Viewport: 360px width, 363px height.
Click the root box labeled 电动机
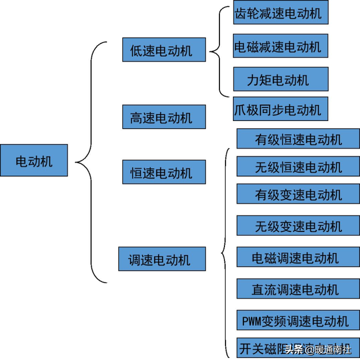tap(34, 160)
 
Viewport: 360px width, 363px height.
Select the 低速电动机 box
tap(164, 50)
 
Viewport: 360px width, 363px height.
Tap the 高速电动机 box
tap(164, 117)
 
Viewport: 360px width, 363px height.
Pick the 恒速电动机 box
tap(164, 172)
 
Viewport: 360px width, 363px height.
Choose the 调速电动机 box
tap(162, 259)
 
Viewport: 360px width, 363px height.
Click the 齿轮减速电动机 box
tap(280, 13)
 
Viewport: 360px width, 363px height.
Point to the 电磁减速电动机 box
tap(280, 46)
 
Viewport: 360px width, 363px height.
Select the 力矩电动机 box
tap(280, 79)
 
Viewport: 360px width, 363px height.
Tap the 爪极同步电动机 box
tap(280, 110)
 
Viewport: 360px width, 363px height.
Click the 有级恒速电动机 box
tap(298, 139)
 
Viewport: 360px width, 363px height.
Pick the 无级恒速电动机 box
tap(298, 167)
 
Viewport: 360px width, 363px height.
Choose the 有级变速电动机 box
tap(298, 194)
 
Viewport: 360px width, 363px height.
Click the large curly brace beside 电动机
tap(90, 163)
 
